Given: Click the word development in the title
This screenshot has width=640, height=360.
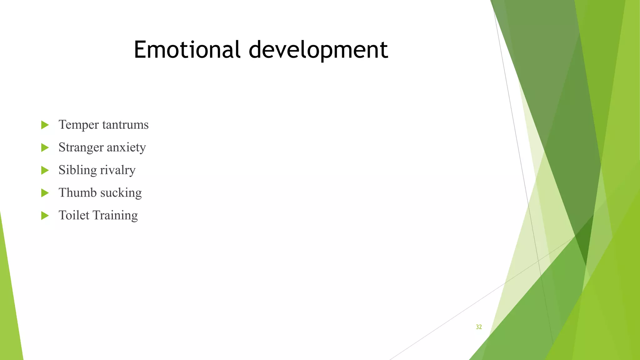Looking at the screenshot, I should point(318,50).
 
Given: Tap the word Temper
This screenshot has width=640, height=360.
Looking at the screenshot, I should point(79,125).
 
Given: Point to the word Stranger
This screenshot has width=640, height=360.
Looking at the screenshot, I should point(81,147).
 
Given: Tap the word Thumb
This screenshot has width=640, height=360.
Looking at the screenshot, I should point(77,193).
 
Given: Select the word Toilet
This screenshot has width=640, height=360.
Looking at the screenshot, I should point(74,215).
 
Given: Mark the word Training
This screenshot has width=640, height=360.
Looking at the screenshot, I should point(115,216).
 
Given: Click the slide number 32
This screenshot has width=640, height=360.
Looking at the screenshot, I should point(479,327).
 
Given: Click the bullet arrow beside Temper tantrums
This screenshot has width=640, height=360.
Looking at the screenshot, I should point(45,125).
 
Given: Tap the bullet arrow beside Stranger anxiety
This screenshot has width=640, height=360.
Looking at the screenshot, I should point(45,147).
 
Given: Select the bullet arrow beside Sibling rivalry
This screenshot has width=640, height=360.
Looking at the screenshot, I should point(45,170).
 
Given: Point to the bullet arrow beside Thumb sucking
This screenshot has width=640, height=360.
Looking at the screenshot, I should point(45,193).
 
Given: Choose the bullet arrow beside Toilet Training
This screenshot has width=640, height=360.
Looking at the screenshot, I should point(45,215).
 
